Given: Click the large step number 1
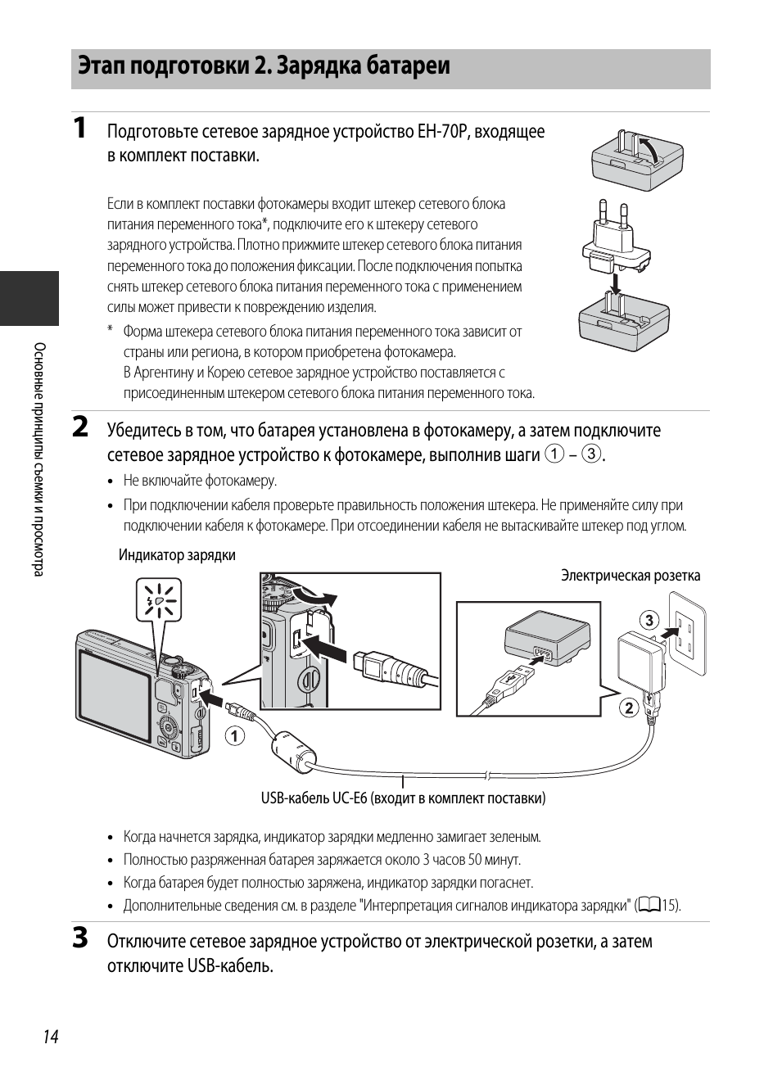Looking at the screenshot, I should click(x=79, y=129).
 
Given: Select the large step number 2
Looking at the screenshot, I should click(x=80, y=427).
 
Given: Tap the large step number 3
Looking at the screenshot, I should click(x=80, y=938).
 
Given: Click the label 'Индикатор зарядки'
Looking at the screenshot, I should click(x=177, y=555).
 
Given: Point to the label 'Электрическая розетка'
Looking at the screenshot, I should click(x=630, y=576).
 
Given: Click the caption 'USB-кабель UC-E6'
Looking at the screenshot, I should click(x=403, y=798).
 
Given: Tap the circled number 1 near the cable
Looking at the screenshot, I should click(x=236, y=736).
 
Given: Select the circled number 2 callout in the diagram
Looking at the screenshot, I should click(x=628, y=708).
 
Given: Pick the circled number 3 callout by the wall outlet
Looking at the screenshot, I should click(x=649, y=620).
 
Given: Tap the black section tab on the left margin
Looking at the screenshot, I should click(x=29, y=298).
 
